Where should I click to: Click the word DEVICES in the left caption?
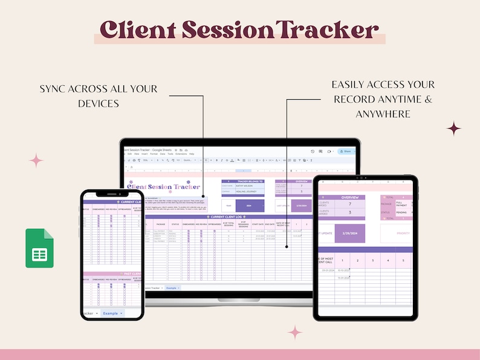(x=99, y=103)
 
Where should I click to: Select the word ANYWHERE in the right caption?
(x=383, y=114)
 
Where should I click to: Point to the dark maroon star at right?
(x=453, y=128)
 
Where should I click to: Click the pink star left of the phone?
(x=36, y=160)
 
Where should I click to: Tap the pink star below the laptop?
(x=295, y=332)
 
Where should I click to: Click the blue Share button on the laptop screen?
(x=345, y=151)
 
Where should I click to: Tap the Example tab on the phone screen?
(x=112, y=313)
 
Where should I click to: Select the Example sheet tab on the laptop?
(x=172, y=288)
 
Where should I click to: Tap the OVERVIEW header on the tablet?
(x=349, y=197)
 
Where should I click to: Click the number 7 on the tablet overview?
(x=349, y=205)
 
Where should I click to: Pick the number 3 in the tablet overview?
(x=349, y=213)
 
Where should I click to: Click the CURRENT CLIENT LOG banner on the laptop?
(x=227, y=216)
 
